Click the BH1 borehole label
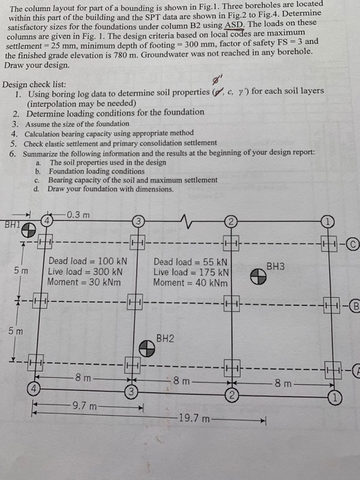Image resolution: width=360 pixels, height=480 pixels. (x=12, y=224)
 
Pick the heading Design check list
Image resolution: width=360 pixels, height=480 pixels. (x=34, y=84)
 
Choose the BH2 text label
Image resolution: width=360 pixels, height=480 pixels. (x=165, y=338)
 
